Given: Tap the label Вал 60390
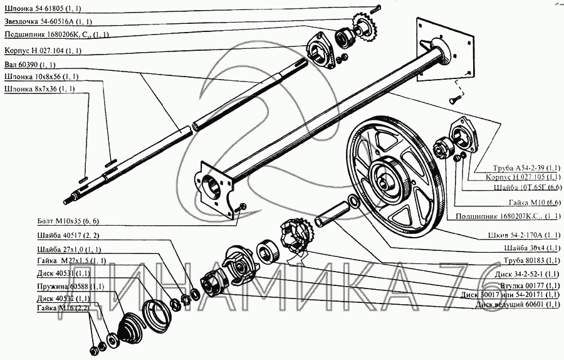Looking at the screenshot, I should coord(25,65).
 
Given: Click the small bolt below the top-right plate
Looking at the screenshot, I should coord(454,98).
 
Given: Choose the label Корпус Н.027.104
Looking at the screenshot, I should coord(43,50).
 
